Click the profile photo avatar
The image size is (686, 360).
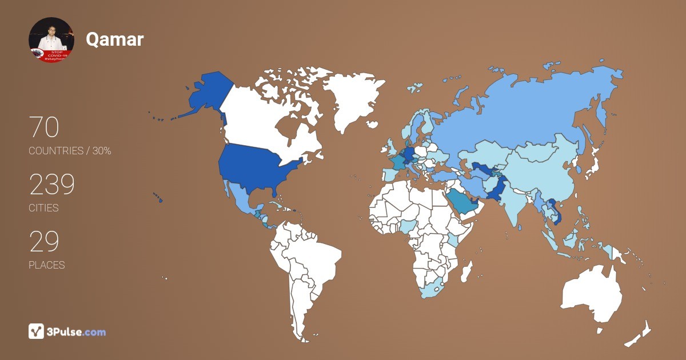tap(51, 40)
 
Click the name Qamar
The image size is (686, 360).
tap(114, 39)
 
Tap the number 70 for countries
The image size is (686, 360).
tap(44, 127)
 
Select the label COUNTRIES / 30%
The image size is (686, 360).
tap(70, 151)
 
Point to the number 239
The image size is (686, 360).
tap(52, 185)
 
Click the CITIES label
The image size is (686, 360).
tap(43, 208)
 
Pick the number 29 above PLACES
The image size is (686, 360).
tap(44, 242)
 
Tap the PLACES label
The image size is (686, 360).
tap(46, 265)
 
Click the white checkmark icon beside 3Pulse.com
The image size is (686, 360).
tap(36, 331)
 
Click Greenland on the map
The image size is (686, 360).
tap(349, 97)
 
